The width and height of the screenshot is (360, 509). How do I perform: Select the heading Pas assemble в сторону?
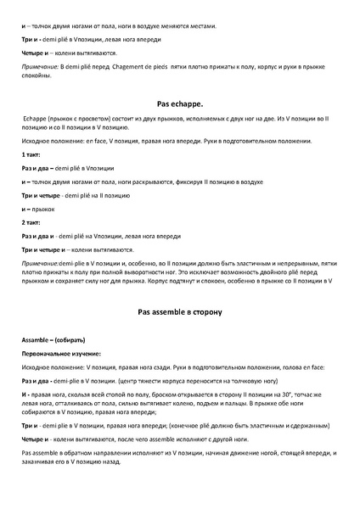tap(179, 312)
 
